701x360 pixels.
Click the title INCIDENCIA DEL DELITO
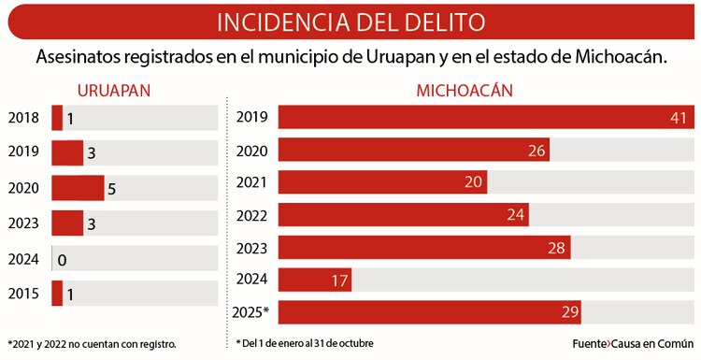350,21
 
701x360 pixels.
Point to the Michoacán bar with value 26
414,151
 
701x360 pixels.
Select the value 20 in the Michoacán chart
473,182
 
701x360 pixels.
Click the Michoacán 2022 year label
253,215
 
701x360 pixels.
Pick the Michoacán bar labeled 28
424,247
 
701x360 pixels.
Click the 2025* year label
253,312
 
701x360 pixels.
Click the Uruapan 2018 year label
23,118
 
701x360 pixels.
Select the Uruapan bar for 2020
78,188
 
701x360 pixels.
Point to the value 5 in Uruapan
111,189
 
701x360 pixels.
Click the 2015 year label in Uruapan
23,294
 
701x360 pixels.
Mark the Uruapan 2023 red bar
67,223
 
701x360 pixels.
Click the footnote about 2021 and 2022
92,344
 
